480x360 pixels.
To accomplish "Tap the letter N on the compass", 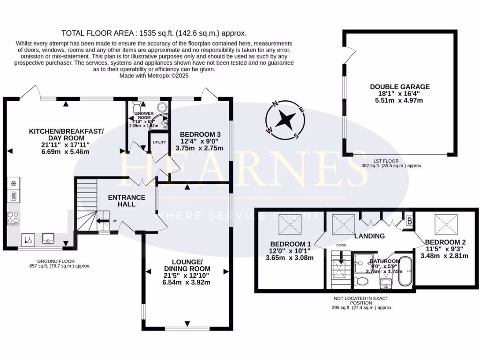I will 277,104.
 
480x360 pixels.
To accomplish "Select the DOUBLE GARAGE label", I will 399,87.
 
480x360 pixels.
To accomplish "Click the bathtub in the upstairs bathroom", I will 405,271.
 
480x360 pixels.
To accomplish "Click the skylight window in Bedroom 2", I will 442,222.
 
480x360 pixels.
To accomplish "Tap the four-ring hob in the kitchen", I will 13,217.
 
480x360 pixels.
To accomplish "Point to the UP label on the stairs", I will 114,221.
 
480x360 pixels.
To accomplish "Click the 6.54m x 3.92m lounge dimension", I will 187,282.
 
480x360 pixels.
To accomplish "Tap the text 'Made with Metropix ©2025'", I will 154,75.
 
